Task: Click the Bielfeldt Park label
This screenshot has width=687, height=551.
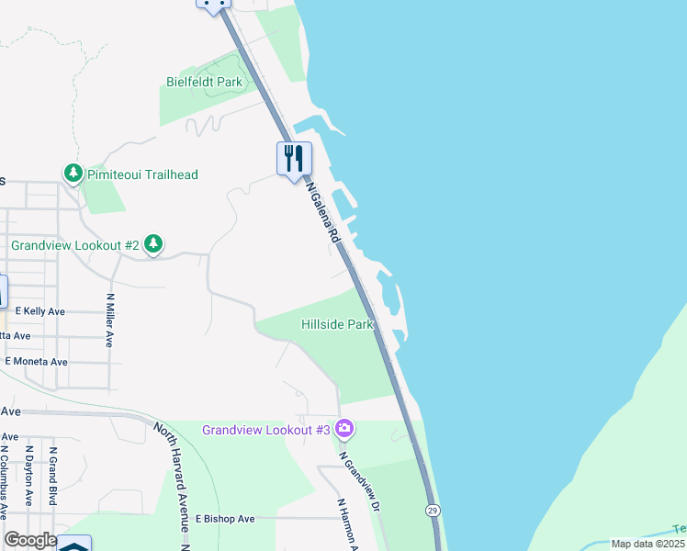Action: pyautogui.click(x=204, y=83)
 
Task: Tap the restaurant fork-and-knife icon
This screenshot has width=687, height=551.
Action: pyautogui.click(x=294, y=158)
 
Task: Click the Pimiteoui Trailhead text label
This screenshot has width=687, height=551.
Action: pyautogui.click(x=142, y=174)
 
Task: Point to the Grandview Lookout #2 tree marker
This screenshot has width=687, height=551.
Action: pyautogui.click(x=153, y=244)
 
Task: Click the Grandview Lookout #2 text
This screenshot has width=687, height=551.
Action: pyautogui.click(x=74, y=245)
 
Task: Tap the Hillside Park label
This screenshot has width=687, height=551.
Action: pyautogui.click(x=337, y=324)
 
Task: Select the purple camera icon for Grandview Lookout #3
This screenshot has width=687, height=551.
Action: pyautogui.click(x=344, y=428)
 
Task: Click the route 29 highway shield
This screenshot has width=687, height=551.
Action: pyautogui.click(x=432, y=509)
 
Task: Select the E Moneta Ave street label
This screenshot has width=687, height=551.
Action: pyautogui.click(x=36, y=362)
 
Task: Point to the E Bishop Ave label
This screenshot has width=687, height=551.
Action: pyautogui.click(x=224, y=519)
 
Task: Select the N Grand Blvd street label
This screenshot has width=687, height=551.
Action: pyautogui.click(x=53, y=477)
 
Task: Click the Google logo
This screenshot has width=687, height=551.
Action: pyautogui.click(x=30, y=540)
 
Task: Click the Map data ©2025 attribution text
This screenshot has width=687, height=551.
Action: pyautogui.click(x=648, y=544)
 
